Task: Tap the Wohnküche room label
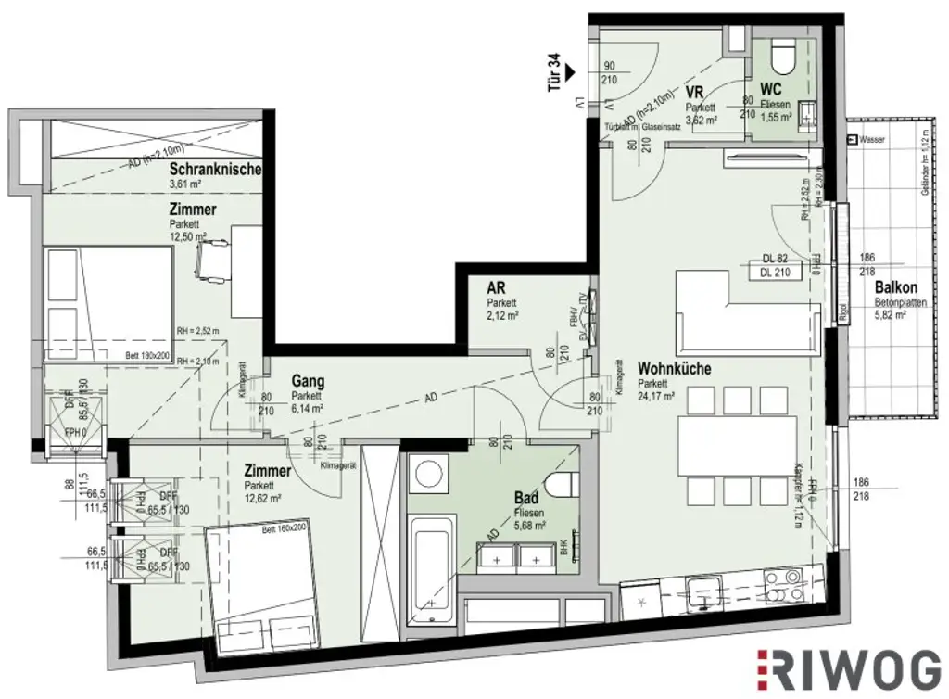pos(674,368)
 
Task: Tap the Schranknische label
pos(216,170)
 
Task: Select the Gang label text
pos(307,380)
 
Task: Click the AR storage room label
pos(496,287)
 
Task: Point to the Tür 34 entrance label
pos(555,73)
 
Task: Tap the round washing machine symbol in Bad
pos(427,476)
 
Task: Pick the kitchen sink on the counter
pos(702,590)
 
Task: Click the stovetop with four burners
pos(784,587)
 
